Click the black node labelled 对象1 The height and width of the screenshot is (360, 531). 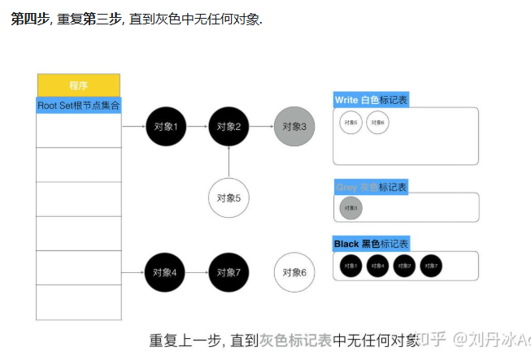click(x=166, y=126)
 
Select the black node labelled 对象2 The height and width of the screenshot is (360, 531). click(x=229, y=126)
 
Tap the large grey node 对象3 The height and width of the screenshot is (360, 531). click(x=294, y=126)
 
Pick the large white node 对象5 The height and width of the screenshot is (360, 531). click(x=229, y=197)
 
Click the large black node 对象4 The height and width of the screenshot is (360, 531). click(x=166, y=273)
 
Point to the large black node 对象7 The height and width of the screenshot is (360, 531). click(x=229, y=273)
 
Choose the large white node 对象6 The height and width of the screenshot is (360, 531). click(x=294, y=273)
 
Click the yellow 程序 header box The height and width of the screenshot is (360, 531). click(x=79, y=85)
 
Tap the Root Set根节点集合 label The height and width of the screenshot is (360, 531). click(x=79, y=106)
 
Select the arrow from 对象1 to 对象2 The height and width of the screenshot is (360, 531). click(x=198, y=126)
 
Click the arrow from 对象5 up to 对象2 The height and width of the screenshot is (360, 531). click(x=229, y=162)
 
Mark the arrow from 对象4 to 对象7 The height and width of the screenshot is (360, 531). click(x=198, y=273)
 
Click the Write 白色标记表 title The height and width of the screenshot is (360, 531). click(x=371, y=100)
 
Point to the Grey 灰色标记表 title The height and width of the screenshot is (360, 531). click(x=371, y=187)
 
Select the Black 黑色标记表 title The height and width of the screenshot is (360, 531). click(x=372, y=244)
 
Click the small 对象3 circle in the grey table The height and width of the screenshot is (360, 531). click(x=350, y=208)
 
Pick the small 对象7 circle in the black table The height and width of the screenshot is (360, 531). click(x=431, y=266)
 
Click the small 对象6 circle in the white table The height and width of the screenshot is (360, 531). click(x=377, y=123)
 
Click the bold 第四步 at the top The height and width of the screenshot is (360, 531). click(x=28, y=18)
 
